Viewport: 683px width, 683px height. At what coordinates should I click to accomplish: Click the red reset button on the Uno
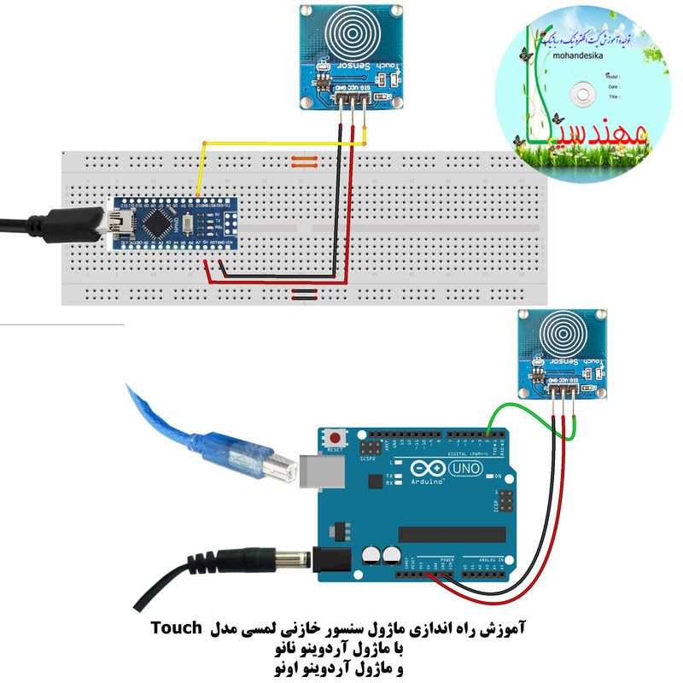(x=333, y=437)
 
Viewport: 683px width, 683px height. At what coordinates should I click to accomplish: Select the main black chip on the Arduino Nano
(x=158, y=223)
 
